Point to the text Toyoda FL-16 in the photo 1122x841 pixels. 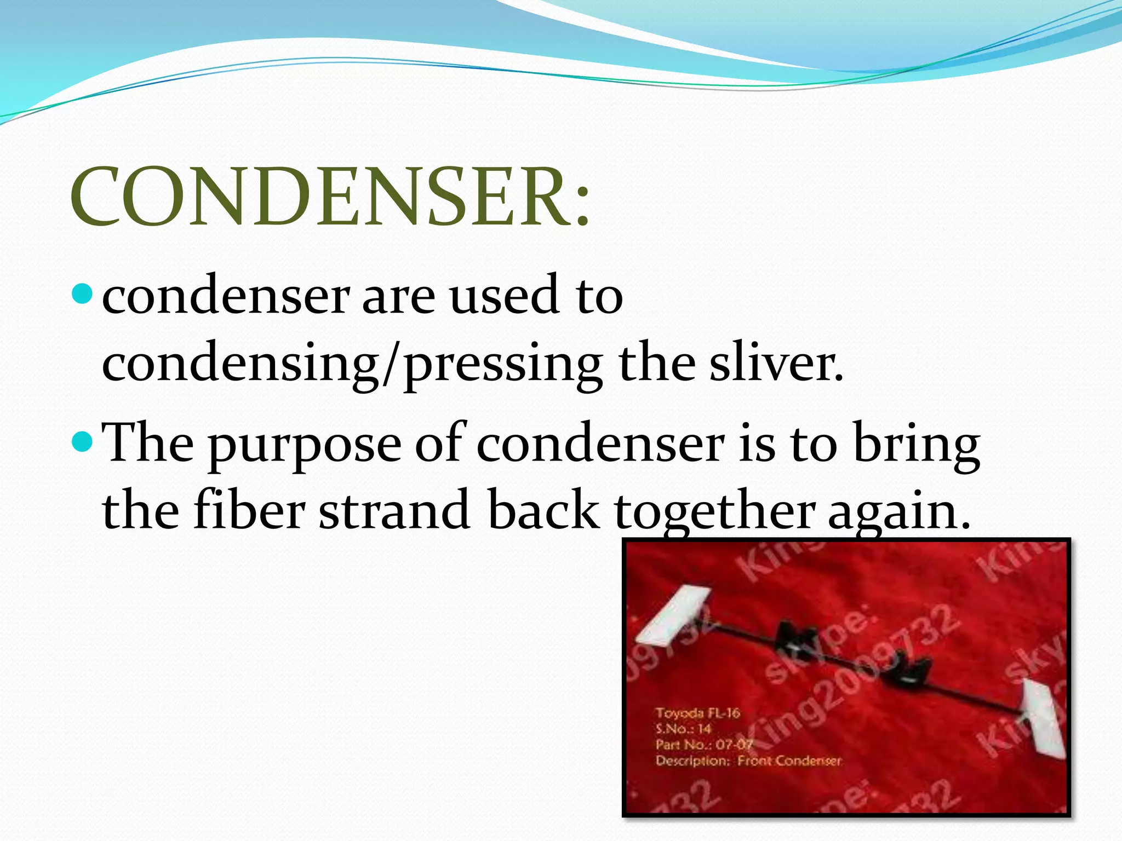pos(697,713)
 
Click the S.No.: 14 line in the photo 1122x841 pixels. pos(683,729)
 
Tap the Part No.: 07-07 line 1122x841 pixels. pos(704,745)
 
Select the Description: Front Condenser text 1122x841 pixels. pos(748,761)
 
